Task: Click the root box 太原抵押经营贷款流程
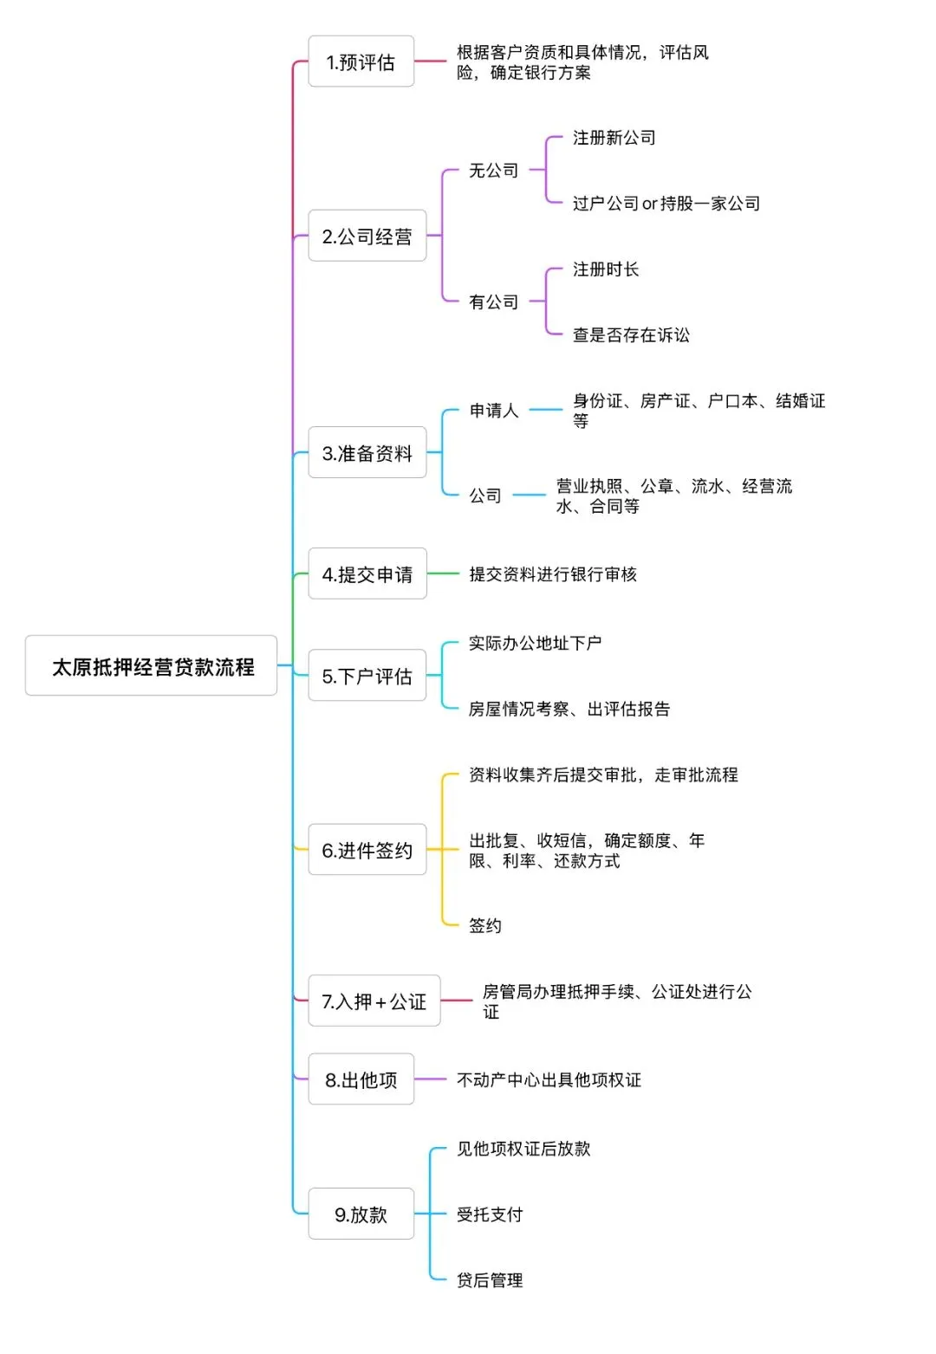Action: pos(152,666)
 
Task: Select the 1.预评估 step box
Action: pos(361,62)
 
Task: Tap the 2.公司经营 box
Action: pos(367,236)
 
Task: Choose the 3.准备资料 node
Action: pos(367,453)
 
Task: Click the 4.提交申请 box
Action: pos(367,574)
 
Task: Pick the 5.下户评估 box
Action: pos(367,676)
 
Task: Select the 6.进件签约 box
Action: pos(367,850)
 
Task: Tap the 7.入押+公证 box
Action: pos(374,1001)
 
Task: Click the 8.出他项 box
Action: pos(361,1079)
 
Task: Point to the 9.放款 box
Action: pos(361,1215)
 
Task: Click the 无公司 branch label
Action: pos(493,171)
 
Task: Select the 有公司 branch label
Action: pos(493,301)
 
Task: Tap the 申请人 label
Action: pos(494,410)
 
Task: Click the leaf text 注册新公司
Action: pos(614,138)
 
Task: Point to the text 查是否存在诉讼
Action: pos(631,335)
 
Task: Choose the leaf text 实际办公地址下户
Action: pos(535,643)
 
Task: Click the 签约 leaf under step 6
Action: pos(484,925)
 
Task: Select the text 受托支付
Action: pos(490,1215)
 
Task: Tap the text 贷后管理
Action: pos(490,1280)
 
